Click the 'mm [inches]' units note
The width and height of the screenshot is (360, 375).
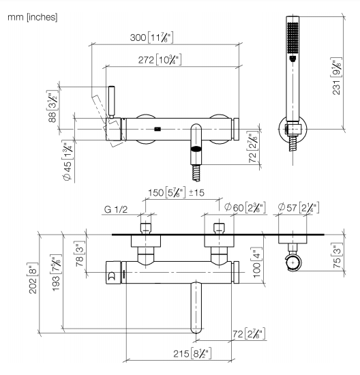33,17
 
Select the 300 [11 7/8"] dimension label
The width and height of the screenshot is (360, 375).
151,37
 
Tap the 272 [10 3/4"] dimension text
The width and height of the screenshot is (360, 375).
160,59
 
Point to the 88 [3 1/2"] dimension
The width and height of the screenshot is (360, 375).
52,106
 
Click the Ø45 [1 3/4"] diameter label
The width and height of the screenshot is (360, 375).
67,160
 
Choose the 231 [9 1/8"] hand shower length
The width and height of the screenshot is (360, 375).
336,76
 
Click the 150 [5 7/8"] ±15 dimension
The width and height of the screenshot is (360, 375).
177,193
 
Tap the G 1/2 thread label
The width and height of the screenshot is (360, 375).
116,209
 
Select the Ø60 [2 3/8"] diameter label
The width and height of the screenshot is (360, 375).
245,207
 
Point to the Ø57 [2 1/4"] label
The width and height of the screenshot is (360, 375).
299,207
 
